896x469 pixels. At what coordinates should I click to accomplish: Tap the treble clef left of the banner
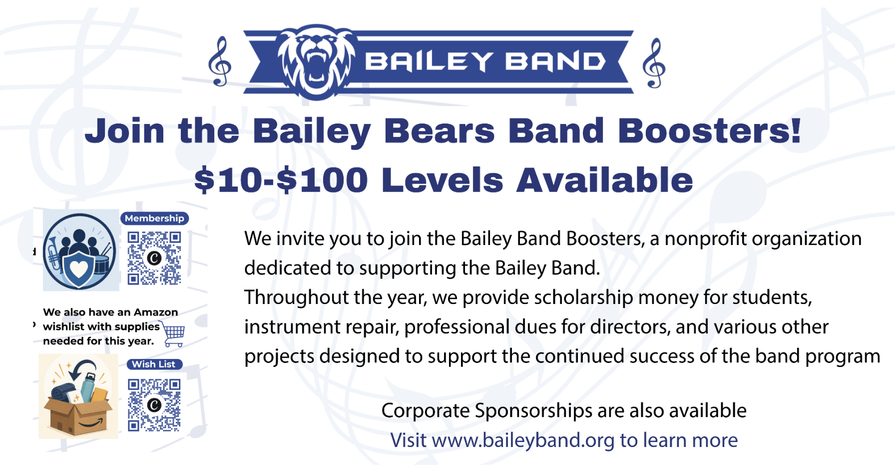tap(220, 61)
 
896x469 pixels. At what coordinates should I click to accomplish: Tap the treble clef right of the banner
tap(654, 63)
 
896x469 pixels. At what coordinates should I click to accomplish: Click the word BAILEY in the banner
tap(429, 61)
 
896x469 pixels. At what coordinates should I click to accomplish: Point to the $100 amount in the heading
tap(322, 180)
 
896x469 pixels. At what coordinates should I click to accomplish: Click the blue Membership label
tap(154, 218)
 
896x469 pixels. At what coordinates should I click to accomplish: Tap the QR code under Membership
tap(154, 258)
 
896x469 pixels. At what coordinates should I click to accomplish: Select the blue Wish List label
tap(154, 364)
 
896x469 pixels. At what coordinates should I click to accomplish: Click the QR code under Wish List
tap(154, 405)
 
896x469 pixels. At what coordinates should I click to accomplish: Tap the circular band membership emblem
tap(80, 251)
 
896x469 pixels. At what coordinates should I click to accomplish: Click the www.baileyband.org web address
tap(523, 440)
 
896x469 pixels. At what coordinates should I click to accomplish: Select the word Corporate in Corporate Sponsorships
tap(425, 411)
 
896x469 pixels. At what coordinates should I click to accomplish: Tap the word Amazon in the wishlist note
tap(156, 312)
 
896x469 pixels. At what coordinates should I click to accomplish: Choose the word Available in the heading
tap(604, 180)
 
